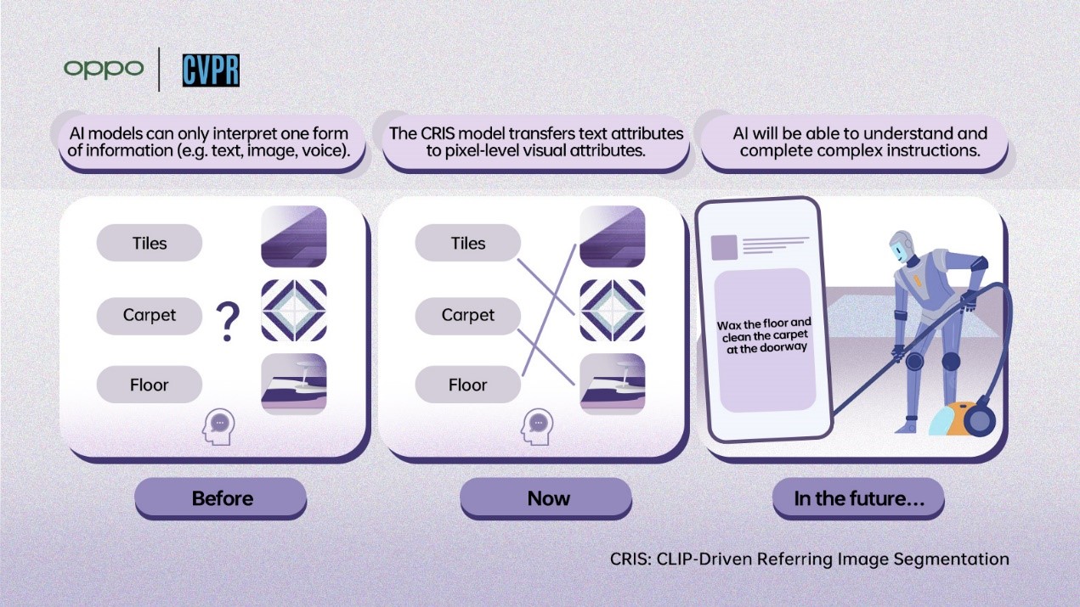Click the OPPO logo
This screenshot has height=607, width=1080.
(103, 69)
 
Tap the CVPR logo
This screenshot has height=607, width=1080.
(211, 70)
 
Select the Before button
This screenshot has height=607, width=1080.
(221, 497)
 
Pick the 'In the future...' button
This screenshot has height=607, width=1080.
(858, 498)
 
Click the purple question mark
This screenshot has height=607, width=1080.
(228, 323)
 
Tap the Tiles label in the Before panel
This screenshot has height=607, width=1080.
(150, 244)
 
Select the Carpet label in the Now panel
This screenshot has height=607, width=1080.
(467, 315)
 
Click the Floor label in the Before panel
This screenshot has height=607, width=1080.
(150, 385)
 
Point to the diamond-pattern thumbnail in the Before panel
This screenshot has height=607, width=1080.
(294, 311)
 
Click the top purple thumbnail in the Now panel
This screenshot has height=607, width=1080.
(612, 237)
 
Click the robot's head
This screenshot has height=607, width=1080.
(902, 249)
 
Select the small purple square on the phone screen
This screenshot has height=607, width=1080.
(724, 247)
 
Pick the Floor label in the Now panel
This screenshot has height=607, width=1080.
(467, 385)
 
